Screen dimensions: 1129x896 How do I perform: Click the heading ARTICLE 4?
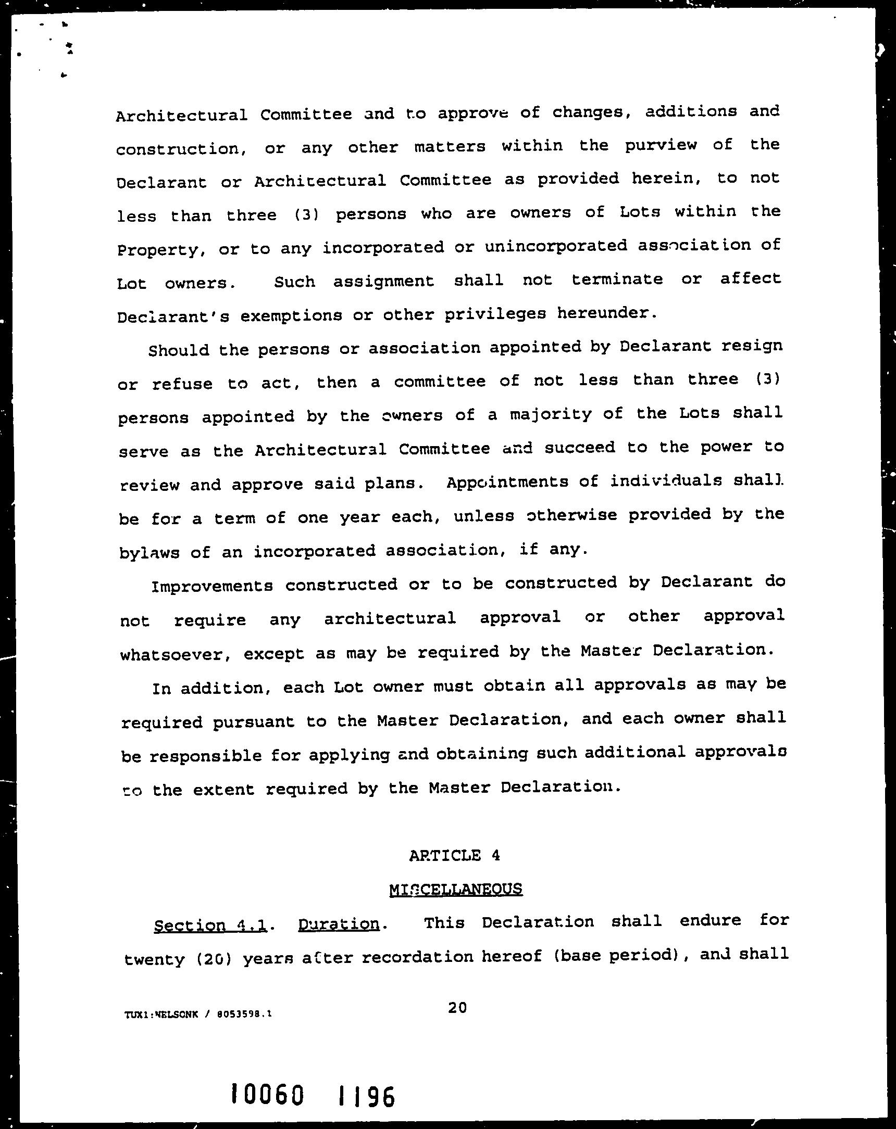click(x=454, y=855)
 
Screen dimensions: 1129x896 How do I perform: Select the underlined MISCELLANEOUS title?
click(x=455, y=889)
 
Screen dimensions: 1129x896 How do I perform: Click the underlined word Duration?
click(x=339, y=924)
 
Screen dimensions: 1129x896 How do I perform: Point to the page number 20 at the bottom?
click(x=457, y=1007)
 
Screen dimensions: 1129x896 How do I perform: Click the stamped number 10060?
click(x=268, y=1094)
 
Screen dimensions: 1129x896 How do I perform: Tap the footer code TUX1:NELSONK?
click(x=161, y=1014)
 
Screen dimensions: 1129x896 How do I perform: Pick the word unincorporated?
click(x=555, y=246)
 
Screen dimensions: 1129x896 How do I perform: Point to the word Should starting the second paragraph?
click(x=178, y=350)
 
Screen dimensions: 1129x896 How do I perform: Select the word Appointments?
click(x=507, y=482)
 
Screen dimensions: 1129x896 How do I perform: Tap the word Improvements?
click(x=211, y=586)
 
